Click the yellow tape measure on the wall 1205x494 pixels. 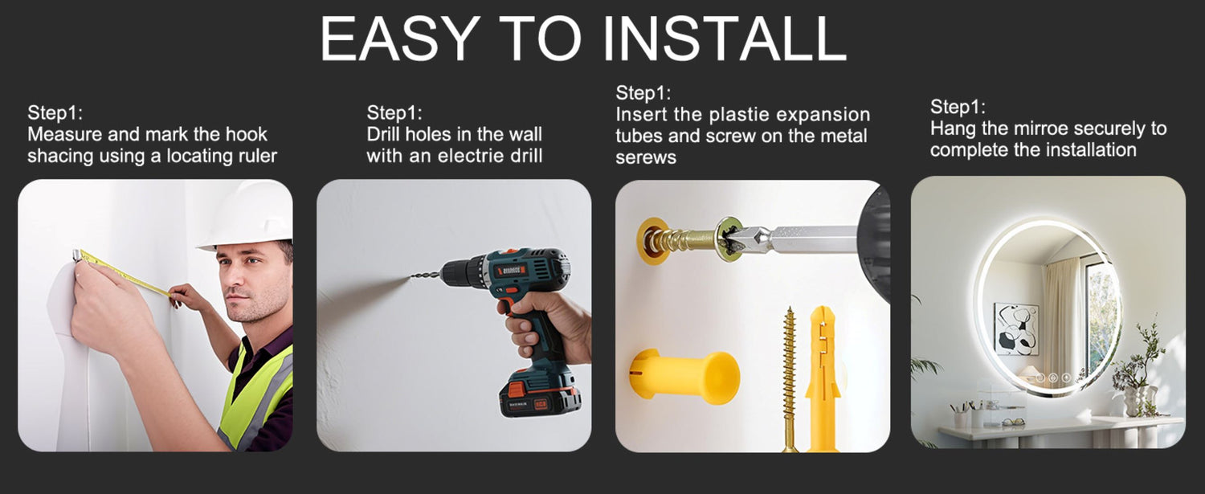[x=123, y=273]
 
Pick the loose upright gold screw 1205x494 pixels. [x=789, y=379]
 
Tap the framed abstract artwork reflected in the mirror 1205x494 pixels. [x=1015, y=329]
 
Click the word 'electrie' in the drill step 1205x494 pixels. [x=473, y=156]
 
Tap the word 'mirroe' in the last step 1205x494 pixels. [x=1037, y=129]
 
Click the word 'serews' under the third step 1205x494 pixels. [x=646, y=157]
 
